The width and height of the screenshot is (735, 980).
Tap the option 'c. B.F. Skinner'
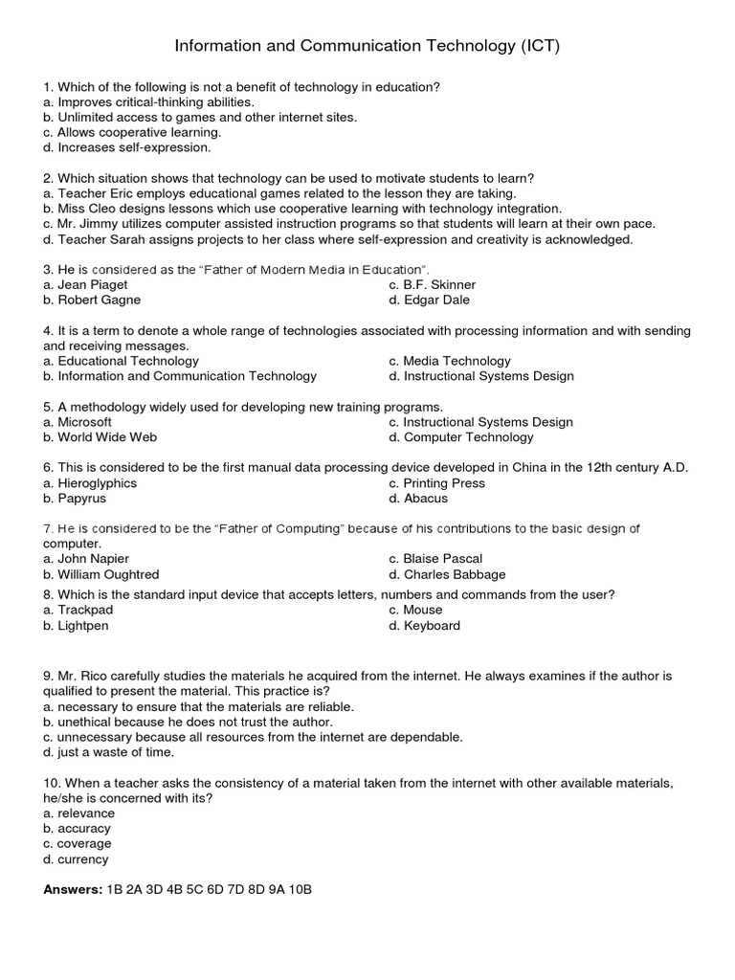pos(433,284)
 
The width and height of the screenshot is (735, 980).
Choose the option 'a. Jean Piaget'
pos(85,284)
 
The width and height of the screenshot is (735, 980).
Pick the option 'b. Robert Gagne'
pos(92,300)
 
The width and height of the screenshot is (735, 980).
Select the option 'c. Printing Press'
pos(437,482)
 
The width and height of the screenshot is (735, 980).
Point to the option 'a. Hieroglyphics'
pos(90,482)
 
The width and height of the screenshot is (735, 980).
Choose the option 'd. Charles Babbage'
pos(448,574)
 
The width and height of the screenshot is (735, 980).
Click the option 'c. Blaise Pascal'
pos(435,558)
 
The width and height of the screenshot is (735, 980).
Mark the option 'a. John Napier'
pos(86,558)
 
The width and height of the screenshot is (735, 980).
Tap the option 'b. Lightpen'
pos(76,625)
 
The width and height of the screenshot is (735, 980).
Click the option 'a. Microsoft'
pos(78,421)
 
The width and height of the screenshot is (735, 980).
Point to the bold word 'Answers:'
pos(73,889)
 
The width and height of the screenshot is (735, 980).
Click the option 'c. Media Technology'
pos(450,361)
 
